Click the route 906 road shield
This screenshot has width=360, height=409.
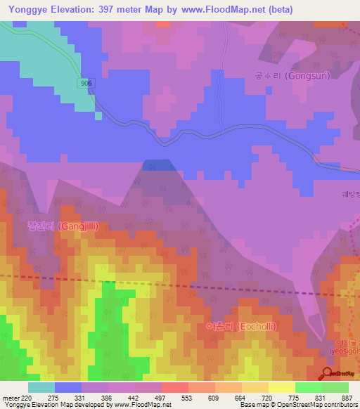[86, 83]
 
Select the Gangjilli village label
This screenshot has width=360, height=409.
[62, 226]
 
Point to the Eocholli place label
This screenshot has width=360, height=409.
[236, 326]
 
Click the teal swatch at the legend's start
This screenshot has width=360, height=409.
[41, 387]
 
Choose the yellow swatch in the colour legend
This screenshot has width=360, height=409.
[281, 387]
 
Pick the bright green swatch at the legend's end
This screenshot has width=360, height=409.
[335, 387]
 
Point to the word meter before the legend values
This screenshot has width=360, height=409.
[10, 397]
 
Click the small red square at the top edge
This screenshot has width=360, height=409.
[163, 24]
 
